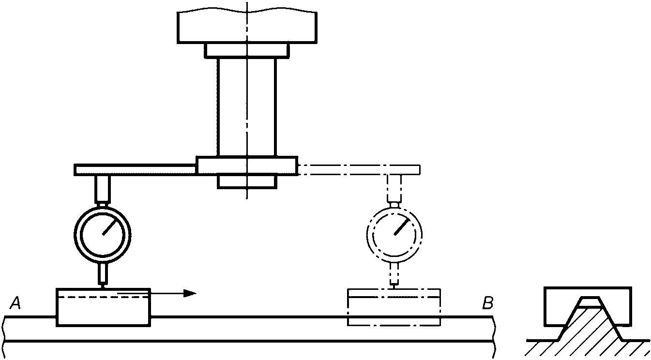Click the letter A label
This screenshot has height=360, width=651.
15,303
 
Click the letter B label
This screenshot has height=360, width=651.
487,303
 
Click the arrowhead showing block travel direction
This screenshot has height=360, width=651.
191,293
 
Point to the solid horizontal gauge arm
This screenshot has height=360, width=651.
136,170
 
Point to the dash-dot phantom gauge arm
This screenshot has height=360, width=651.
358,169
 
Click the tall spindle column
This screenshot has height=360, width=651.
247,106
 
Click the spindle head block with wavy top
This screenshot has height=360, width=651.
247,27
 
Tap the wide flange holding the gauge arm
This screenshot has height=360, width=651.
247,165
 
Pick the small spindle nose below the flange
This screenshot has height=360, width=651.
247,181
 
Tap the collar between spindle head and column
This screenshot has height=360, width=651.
247,50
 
